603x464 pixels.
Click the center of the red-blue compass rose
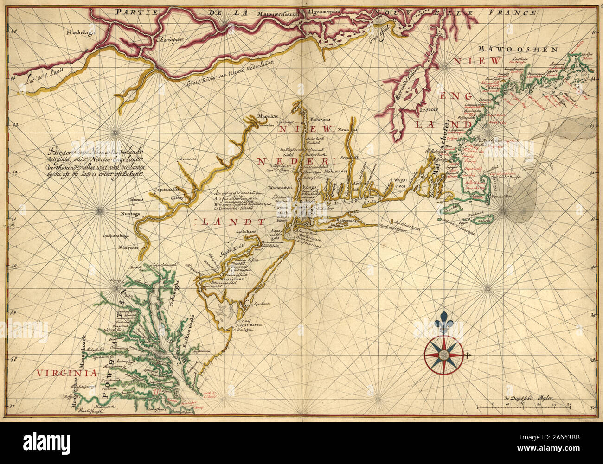coord(444,355)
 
